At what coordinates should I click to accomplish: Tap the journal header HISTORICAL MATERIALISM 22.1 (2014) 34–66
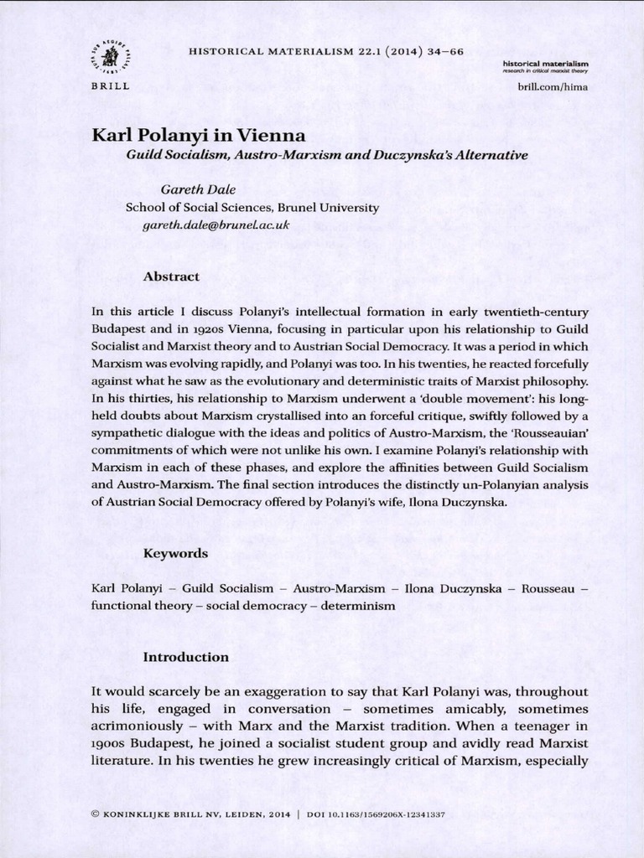pos(327,51)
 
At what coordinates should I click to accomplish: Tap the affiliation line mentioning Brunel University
pos(252,208)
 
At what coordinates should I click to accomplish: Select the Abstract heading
pos(171,276)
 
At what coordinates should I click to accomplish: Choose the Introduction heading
pos(186,657)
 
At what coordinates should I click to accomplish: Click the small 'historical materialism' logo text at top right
pos(546,64)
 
